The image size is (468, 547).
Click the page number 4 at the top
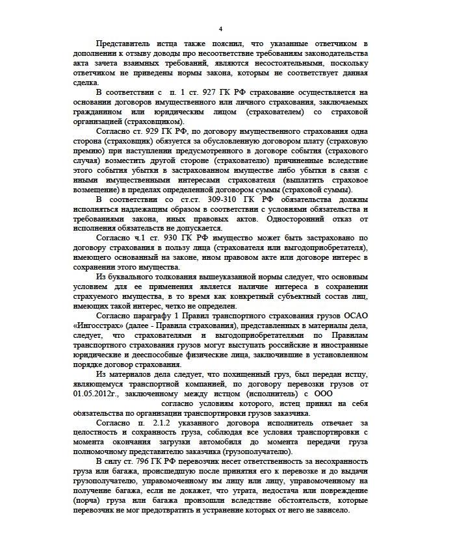[x=220, y=29]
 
